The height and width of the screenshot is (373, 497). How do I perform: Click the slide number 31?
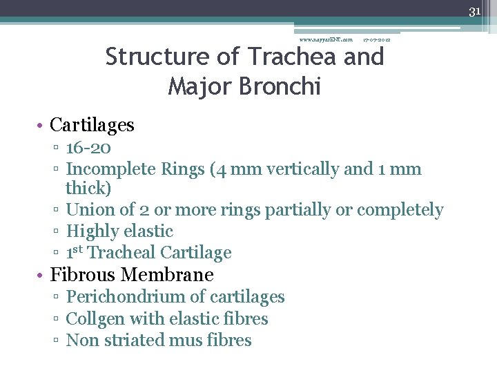click(x=474, y=11)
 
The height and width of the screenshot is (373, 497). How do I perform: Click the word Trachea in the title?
click(x=293, y=57)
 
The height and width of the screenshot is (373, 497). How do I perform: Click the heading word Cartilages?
click(x=92, y=125)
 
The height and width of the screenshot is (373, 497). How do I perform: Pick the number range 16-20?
click(x=88, y=148)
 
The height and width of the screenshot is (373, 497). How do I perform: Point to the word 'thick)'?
click(x=88, y=189)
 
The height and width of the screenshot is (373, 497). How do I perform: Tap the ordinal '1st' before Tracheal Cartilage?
click(x=75, y=252)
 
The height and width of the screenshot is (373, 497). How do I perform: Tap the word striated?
click(x=138, y=341)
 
